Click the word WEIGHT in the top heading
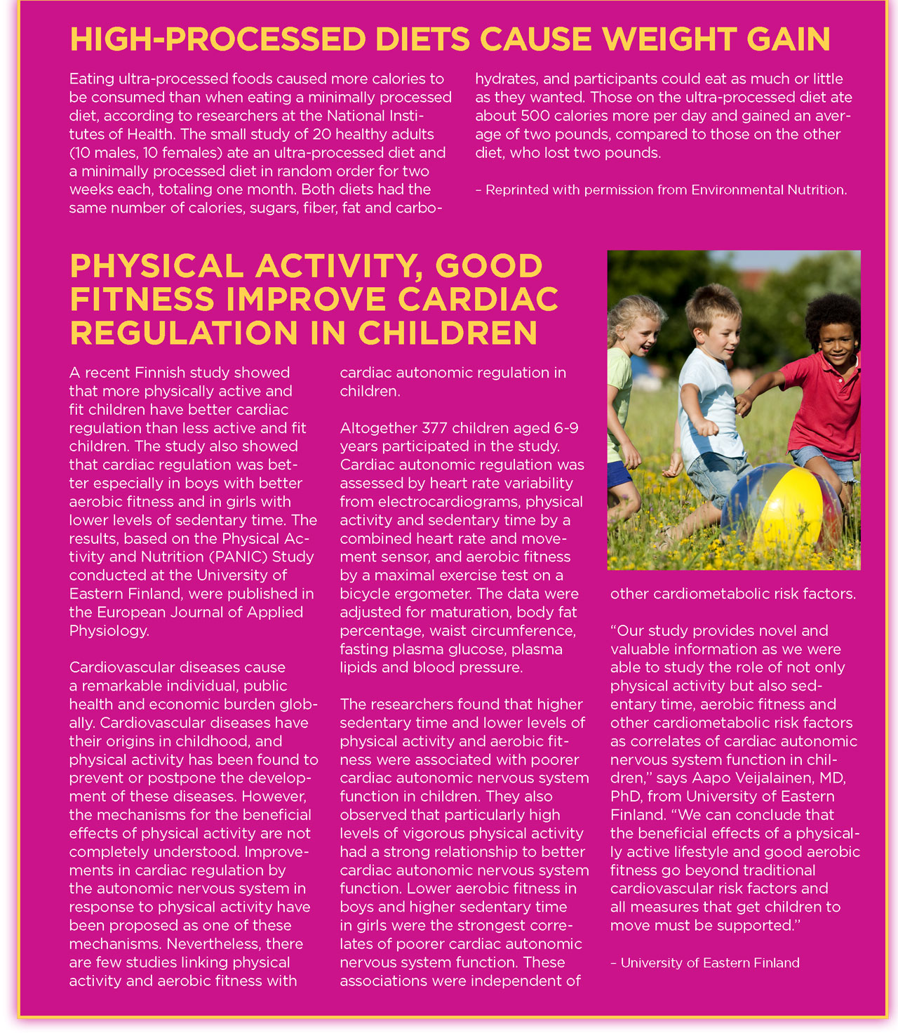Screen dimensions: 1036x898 [668, 39]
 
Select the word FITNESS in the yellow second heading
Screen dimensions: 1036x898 [142, 300]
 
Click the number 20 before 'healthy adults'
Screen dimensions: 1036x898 [322, 134]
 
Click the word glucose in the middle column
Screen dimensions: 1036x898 [469, 649]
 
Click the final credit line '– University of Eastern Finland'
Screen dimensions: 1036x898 [704, 963]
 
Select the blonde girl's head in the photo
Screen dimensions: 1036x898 [637, 326]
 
